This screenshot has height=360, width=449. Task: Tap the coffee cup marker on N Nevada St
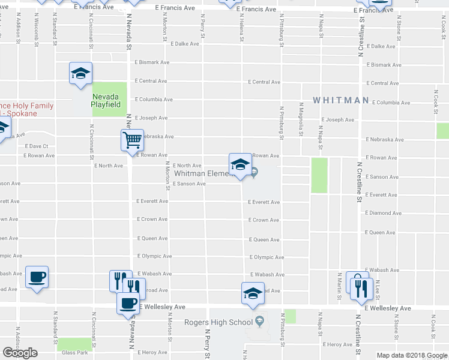coord(128,303)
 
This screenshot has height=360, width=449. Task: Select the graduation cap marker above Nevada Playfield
coord(80,73)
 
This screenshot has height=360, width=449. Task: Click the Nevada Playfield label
coord(108,100)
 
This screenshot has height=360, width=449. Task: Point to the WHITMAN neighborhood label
coord(340,100)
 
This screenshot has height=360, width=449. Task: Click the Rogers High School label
coord(218,322)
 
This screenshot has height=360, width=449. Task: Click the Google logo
coord(20,353)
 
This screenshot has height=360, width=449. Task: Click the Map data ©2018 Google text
coord(411,355)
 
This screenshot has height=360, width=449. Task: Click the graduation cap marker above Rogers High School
coord(253,293)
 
